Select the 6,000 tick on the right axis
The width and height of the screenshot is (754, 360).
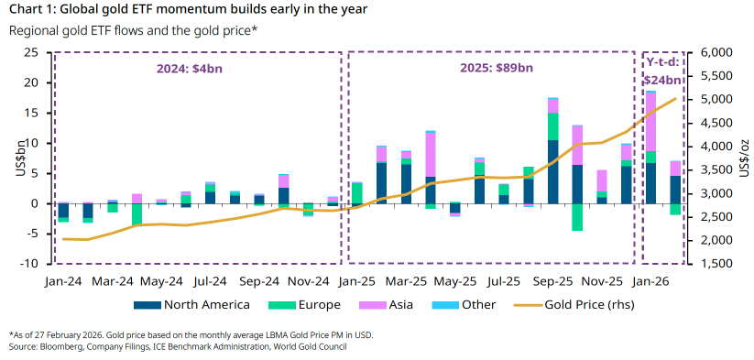point(717,52)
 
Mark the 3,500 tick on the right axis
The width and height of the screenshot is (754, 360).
point(717,169)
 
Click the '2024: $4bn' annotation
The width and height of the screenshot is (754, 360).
point(197,68)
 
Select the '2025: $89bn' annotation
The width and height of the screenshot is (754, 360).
point(490,68)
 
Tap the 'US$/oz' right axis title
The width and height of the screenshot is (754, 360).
point(744,158)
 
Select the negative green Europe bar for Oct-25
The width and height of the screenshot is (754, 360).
point(577,217)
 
